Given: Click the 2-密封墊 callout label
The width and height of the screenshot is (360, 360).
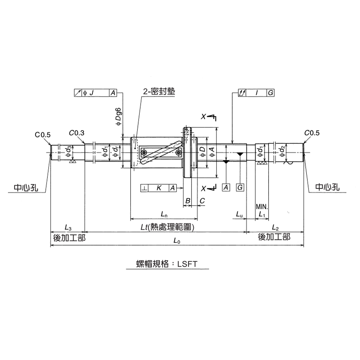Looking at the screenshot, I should tap(159, 92).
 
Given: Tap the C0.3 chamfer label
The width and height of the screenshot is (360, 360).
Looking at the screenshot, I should tap(77, 133).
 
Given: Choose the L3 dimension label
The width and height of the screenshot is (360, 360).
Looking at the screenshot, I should tap(68, 228).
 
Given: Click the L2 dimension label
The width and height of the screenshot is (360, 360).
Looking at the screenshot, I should tap(275, 228).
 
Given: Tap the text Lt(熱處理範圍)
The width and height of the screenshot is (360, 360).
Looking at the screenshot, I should tap(167, 228).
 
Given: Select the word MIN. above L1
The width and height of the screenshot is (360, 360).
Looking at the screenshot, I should tap(262, 207).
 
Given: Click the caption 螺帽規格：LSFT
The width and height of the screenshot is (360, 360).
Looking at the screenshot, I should tap(167, 264).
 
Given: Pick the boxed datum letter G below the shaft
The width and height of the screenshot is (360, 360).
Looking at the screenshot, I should tap(240, 188).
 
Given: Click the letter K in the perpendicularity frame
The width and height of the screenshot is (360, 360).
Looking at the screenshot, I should tap(159, 188).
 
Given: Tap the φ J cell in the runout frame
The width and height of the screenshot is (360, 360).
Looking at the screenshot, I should tap(89, 93).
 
